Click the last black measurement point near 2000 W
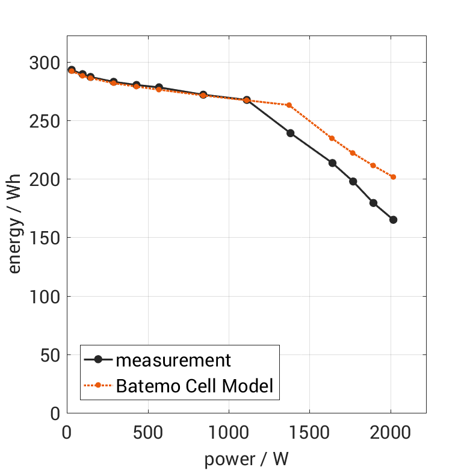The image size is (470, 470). click(x=393, y=220)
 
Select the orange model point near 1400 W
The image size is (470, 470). click(x=289, y=105)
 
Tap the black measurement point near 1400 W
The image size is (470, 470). click(x=290, y=133)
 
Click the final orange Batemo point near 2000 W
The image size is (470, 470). click(x=393, y=177)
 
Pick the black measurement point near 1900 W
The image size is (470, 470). click(x=373, y=203)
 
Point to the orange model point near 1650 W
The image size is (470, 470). click(x=332, y=138)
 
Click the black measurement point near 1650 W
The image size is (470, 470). click(x=332, y=163)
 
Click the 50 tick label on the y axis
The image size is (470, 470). click(x=48, y=356)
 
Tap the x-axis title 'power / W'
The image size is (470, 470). click(x=246, y=459)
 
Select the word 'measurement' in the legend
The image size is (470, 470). click(x=173, y=360)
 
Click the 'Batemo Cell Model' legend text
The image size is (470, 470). click(x=194, y=386)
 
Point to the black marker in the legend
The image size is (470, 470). click(x=99, y=360)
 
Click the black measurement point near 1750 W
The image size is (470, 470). click(x=353, y=181)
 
